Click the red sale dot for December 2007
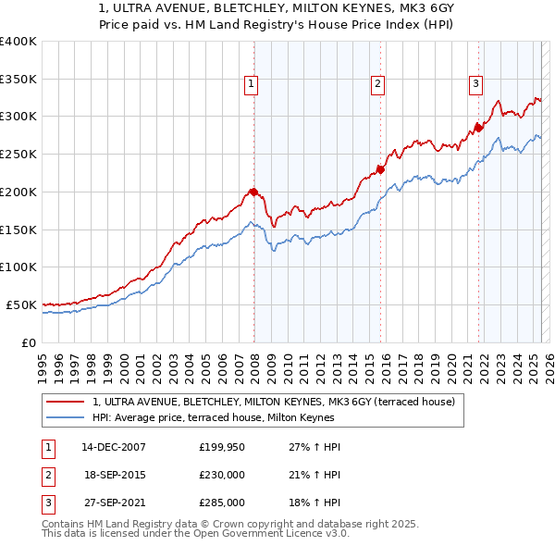coord(253,192)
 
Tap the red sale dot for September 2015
coord(380,169)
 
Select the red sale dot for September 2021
coord(478,127)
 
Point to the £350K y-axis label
coord(18,80)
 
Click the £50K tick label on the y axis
coord(22,304)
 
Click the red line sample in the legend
coord(65,403)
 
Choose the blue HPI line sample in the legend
coord(65,418)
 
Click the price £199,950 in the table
coord(222,447)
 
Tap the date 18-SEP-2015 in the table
coord(115,475)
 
